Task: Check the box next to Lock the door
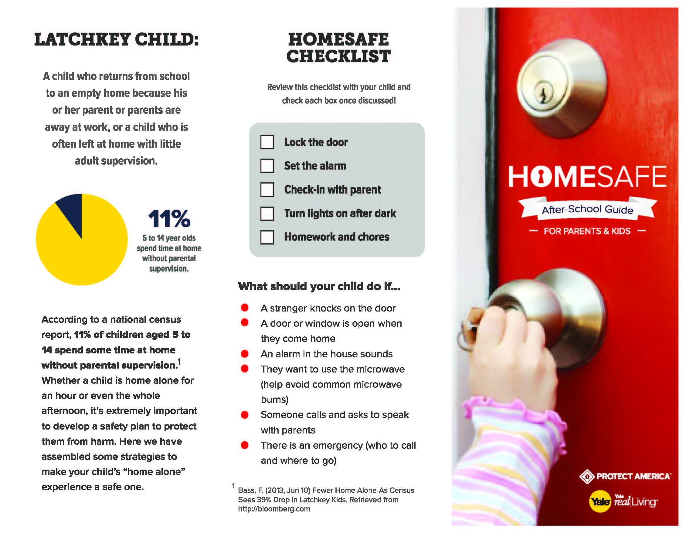pyautogui.click(x=267, y=142)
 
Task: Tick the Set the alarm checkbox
pyautogui.click(x=267, y=166)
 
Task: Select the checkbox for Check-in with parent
pyautogui.click(x=267, y=189)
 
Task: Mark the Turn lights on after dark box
pyautogui.click(x=267, y=213)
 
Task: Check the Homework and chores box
pyautogui.click(x=267, y=237)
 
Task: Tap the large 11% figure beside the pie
pyautogui.click(x=169, y=219)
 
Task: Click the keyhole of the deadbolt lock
pyautogui.click(x=543, y=94)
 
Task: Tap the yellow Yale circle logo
pyautogui.click(x=600, y=501)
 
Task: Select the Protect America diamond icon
pyautogui.click(x=587, y=476)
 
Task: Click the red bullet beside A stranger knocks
pyautogui.click(x=245, y=308)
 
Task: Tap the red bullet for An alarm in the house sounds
pyautogui.click(x=245, y=354)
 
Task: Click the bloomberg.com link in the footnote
pyautogui.click(x=274, y=509)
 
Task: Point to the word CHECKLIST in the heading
pyautogui.click(x=338, y=56)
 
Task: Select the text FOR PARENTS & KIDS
pyautogui.click(x=587, y=231)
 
